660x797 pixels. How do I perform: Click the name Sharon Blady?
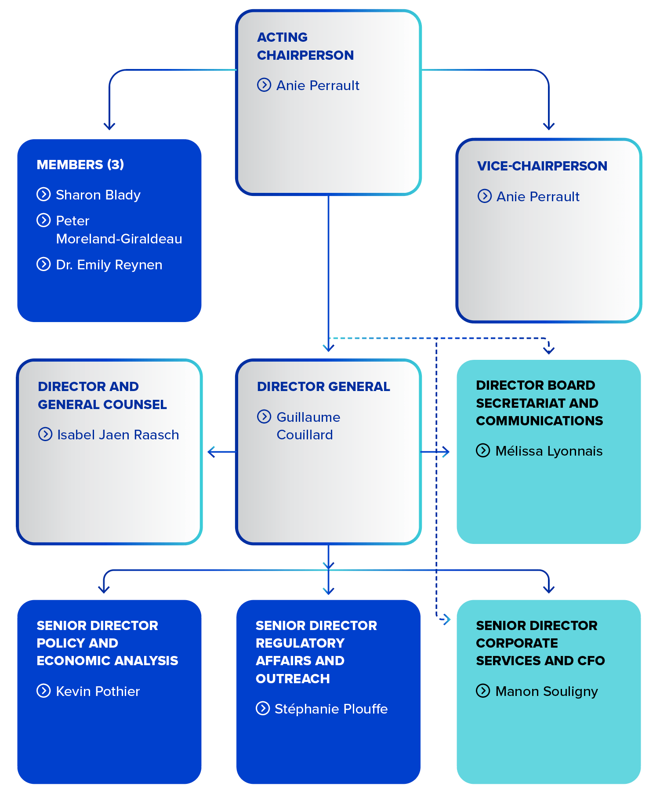click(x=98, y=195)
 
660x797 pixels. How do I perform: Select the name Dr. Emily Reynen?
click(x=109, y=264)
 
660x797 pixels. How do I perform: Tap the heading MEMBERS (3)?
click(x=80, y=164)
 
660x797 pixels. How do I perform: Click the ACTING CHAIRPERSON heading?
click(x=305, y=46)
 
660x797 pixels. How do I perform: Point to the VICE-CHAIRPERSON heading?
click(x=542, y=166)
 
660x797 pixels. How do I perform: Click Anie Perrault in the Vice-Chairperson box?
click(x=537, y=196)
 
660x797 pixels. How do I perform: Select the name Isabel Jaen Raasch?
click(x=118, y=435)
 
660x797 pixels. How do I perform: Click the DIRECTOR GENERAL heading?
click(x=323, y=386)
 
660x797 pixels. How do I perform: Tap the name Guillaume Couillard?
click(x=308, y=426)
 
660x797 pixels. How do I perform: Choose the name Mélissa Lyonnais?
click(x=548, y=451)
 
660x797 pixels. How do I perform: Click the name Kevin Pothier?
click(x=98, y=691)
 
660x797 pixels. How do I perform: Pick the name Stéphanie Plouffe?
click(x=331, y=709)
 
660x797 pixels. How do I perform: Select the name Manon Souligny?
click(x=546, y=691)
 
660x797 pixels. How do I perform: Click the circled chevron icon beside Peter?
click(x=44, y=220)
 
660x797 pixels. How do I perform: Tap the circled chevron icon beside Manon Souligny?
click(x=482, y=691)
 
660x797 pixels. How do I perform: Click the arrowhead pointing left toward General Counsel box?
click(x=211, y=452)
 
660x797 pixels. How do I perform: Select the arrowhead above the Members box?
click(x=109, y=127)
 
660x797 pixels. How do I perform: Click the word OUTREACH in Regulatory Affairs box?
click(x=293, y=678)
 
